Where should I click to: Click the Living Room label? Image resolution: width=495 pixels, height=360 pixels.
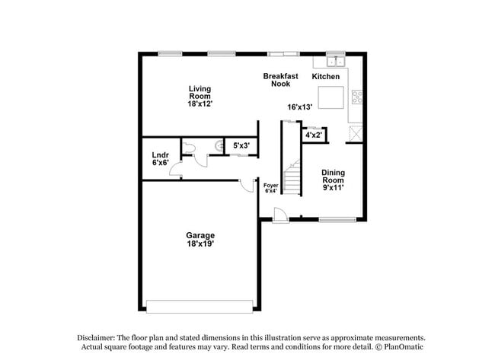[200, 96]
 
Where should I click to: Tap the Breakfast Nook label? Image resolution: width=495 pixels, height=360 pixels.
[276, 80]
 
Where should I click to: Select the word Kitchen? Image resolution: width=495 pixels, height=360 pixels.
[326, 77]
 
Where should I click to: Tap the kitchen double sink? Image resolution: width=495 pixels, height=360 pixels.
[335, 61]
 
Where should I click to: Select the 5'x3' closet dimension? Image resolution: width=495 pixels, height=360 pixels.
[241, 145]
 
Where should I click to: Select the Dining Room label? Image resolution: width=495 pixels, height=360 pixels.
[333, 180]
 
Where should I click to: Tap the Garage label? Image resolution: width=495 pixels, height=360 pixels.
[200, 240]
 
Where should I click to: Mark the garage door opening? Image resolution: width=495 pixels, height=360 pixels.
[200, 306]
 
